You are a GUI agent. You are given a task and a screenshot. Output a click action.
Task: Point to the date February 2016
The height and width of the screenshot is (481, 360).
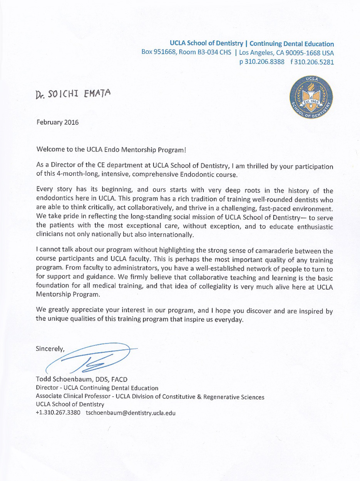pyautogui.click(x=57, y=123)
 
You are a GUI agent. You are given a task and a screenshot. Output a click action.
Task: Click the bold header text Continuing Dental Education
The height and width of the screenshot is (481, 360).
pyautogui.click(x=292, y=44)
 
